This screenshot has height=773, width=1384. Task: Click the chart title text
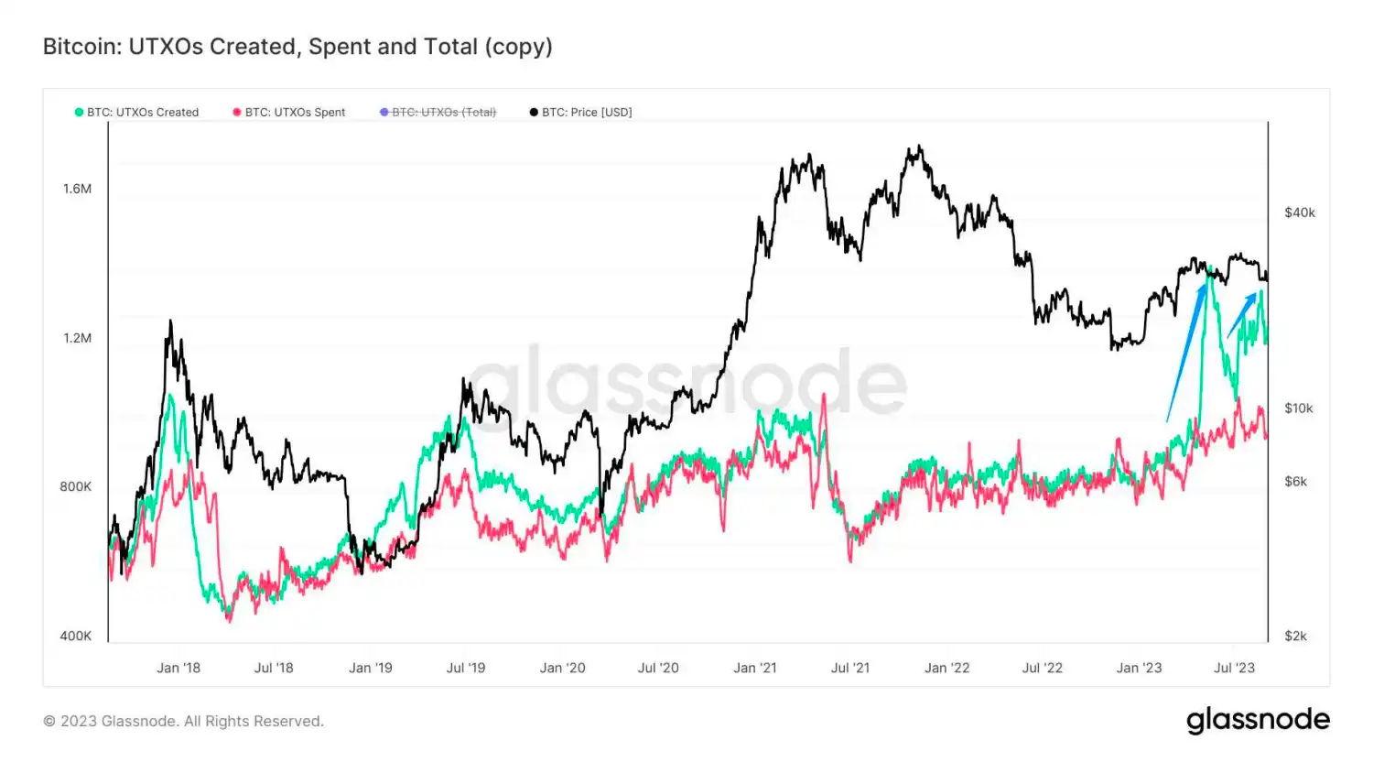(297, 47)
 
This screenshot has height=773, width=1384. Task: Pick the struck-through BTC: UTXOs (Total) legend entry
(438, 113)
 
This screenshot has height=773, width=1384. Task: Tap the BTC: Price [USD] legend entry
(581, 113)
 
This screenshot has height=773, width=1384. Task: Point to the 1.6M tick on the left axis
(77, 189)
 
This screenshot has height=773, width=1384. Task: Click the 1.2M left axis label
(77, 338)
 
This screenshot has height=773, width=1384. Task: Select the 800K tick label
(75, 486)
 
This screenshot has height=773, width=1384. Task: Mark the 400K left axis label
(75, 636)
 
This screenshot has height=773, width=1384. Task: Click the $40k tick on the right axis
(1300, 212)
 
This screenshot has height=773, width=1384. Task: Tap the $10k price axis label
(1299, 408)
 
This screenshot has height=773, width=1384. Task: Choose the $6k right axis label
(1296, 482)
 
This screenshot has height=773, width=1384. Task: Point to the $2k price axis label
(1296, 636)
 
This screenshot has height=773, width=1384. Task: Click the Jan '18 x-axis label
(178, 668)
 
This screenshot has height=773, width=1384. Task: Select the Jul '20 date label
(658, 668)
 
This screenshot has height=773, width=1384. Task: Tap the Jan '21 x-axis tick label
(755, 668)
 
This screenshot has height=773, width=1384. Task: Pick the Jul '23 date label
(1234, 668)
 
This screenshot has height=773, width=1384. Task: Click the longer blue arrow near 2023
(1186, 353)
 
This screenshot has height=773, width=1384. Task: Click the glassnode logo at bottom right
(1258, 721)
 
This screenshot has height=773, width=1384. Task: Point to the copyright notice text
(183, 722)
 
